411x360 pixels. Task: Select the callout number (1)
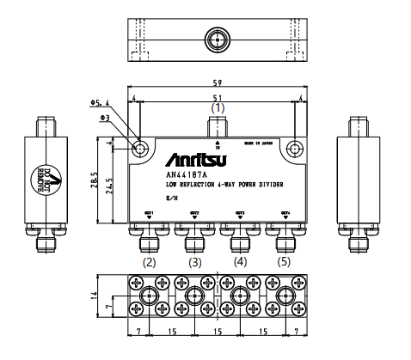pos(218,109)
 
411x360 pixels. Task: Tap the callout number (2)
pos(149,262)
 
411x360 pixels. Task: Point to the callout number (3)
pos(195,262)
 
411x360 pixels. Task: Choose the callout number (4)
pos(240,262)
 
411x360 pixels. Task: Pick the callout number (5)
pos(285,262)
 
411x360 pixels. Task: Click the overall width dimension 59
pos(218,84)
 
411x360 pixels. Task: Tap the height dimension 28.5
pos(96,182)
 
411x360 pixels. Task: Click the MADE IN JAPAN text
pos(261,142)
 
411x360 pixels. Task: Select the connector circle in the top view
pos(216,40)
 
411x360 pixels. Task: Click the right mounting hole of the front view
pos(295,147)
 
